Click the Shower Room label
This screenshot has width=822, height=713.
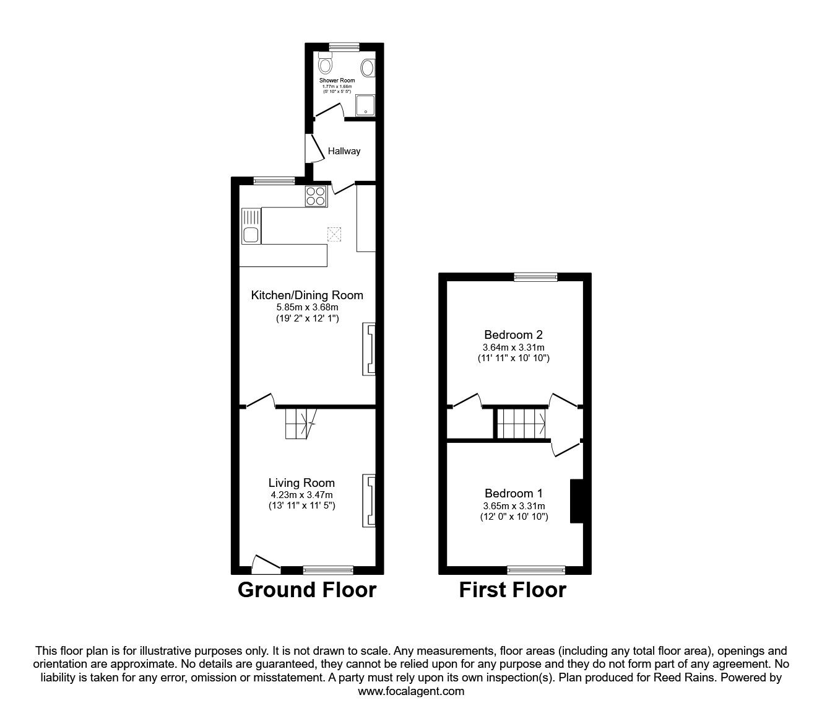tap(337, 81)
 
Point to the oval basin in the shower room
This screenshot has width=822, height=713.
tap(367, 68)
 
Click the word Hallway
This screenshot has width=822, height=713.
tap(344, 151)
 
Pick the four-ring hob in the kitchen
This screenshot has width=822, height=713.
tap(315, 196)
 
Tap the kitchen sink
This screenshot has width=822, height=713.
tap(251, 235)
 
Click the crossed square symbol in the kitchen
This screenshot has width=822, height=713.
tap(334, 234)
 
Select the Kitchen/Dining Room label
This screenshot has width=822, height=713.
tap(307, 295)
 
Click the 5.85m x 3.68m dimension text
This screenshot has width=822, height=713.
tap(307, 307)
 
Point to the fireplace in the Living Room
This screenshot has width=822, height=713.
tap(368, 501)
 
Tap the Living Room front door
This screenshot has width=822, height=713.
tap(266, 564)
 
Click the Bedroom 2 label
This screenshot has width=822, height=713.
tap(513, 335)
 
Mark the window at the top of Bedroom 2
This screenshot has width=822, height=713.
tap(535, 277)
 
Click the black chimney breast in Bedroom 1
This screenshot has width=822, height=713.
tap(576, 501)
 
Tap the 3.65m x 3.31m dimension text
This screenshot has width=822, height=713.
tap(513, 506)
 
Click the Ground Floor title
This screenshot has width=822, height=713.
tap(306, 590)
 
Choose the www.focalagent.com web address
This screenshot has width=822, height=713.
tap(411, 691)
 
